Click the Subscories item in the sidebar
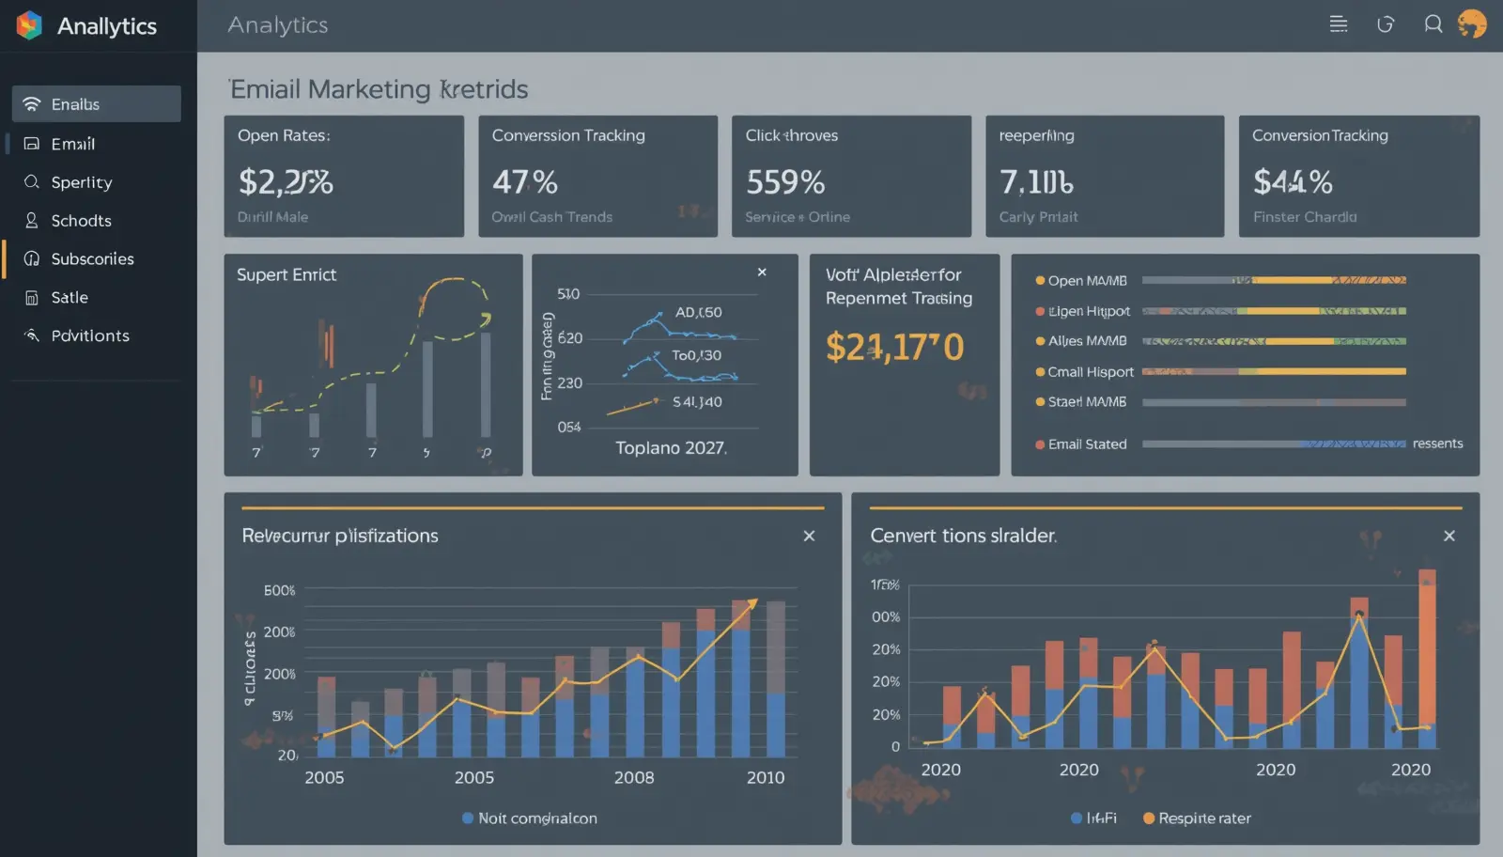91,258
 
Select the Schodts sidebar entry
81,221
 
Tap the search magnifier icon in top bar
1433,24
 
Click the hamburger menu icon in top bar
1339,24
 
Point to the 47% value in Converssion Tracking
525,181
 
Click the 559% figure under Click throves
785,181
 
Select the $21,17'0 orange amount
894,347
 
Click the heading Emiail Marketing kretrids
379,89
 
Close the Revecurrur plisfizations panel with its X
809,536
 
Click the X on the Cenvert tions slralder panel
1449,536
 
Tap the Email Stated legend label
1087,444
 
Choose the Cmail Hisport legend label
1090,372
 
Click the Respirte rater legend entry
1203,818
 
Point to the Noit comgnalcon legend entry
536,818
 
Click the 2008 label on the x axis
634,778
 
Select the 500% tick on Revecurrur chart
280,590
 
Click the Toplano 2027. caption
671,448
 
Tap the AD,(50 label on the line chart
698,312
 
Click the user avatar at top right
1472,24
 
